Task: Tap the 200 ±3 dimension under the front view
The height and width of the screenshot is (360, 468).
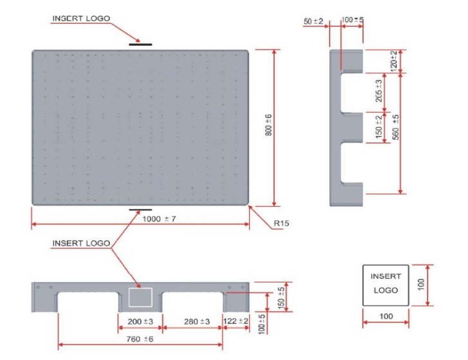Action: [139, 321]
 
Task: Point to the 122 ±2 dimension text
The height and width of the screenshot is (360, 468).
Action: [235, 321]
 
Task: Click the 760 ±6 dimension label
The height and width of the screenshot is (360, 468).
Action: [139, 339]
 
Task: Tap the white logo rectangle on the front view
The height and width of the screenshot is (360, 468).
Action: [140, 297]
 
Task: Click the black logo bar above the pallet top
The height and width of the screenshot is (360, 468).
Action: [140, 44]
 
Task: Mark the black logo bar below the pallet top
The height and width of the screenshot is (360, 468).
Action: [140, 210]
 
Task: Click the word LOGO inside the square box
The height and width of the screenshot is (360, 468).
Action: [386, 290]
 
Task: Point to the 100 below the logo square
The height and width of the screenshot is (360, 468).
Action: [386, 316]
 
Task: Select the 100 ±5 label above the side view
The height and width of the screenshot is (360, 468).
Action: [352, 21]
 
